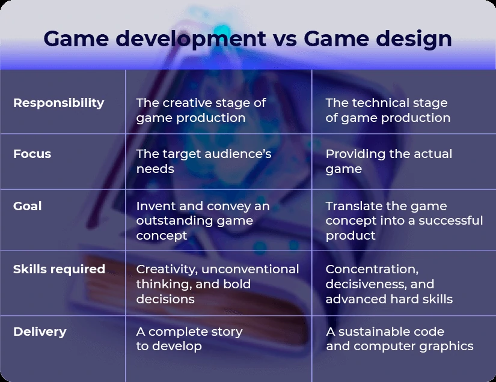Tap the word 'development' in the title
[x=191, y=39]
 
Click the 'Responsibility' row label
[x=58, y=103]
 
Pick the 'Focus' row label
[x=32, y=154]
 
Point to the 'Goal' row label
[x=27, y=206]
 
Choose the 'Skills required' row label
[x=59, y=269]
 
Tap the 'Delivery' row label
[x=40, y=332]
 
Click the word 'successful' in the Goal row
[x=451, y=220]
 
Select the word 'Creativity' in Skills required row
[x=167, y=270]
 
